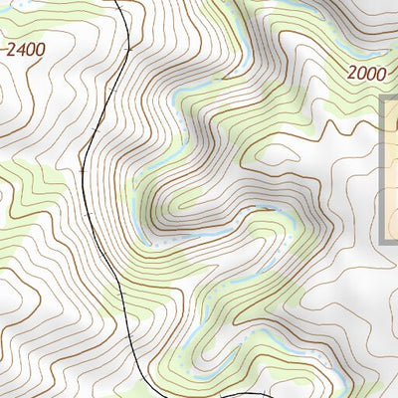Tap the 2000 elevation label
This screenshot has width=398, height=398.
367,73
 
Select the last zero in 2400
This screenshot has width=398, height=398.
40,47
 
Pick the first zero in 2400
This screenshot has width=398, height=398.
30,47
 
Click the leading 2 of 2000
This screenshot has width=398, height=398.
353,73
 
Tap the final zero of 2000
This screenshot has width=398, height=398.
381,73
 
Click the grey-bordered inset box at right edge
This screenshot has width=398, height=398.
390,169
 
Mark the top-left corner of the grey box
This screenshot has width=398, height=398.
383,97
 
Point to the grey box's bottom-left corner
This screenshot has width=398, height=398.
383,243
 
